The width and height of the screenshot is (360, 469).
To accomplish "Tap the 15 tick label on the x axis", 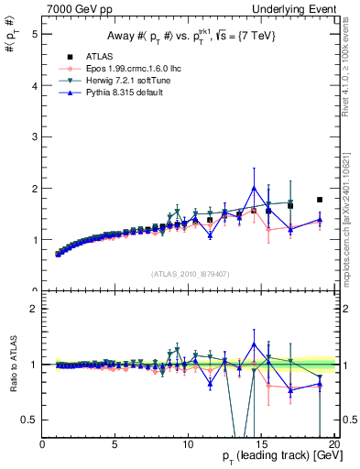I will pos(261,444).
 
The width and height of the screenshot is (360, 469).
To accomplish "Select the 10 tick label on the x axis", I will pos(188,444).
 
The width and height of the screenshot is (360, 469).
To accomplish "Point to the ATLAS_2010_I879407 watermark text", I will pos(190,272).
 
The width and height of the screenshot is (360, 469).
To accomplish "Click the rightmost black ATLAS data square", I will pos(320,200).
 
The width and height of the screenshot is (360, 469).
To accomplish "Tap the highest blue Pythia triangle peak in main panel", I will pos(254,188).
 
